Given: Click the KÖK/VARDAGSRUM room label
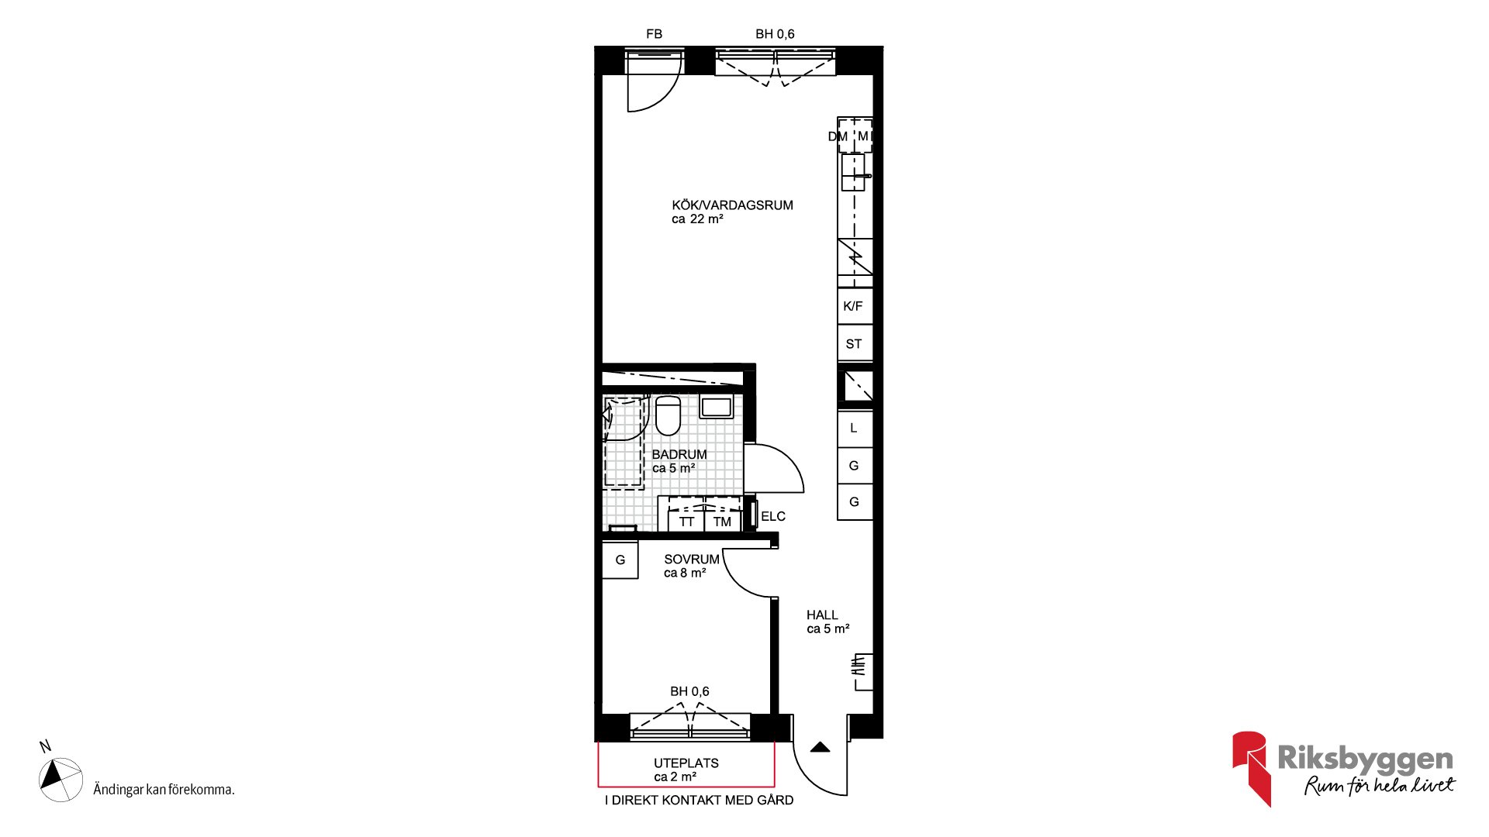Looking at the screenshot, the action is click(x=732, y=205).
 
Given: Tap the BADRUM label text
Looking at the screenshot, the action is click(x=679, y=455).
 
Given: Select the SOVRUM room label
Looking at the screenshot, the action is click(x=692, y=560).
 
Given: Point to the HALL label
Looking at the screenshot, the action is click(x=822, y=615).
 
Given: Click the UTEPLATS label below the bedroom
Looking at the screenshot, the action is click(x=686, y=763).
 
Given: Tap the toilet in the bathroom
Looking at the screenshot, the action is click(x=668, y=415).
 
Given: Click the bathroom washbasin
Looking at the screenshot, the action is click(x=717, y=407).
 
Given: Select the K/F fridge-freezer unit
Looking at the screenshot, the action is click(x=855, y=306).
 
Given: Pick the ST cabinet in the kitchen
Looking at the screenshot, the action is click(x=855, y=343).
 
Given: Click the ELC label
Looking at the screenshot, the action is click(x=773, y=517).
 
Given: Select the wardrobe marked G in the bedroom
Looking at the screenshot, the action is click(x=620, y=560).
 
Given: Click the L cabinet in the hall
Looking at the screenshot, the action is click(x=855, y=429).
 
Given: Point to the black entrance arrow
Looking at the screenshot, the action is click(x=821, y=748).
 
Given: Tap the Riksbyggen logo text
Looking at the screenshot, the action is click(x=1365, y=758).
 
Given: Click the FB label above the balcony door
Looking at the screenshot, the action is click(x=655, y=34).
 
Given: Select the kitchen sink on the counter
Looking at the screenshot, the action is click(x=853, y=172).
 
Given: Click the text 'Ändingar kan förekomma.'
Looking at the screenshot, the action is click(x=164, y=790).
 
